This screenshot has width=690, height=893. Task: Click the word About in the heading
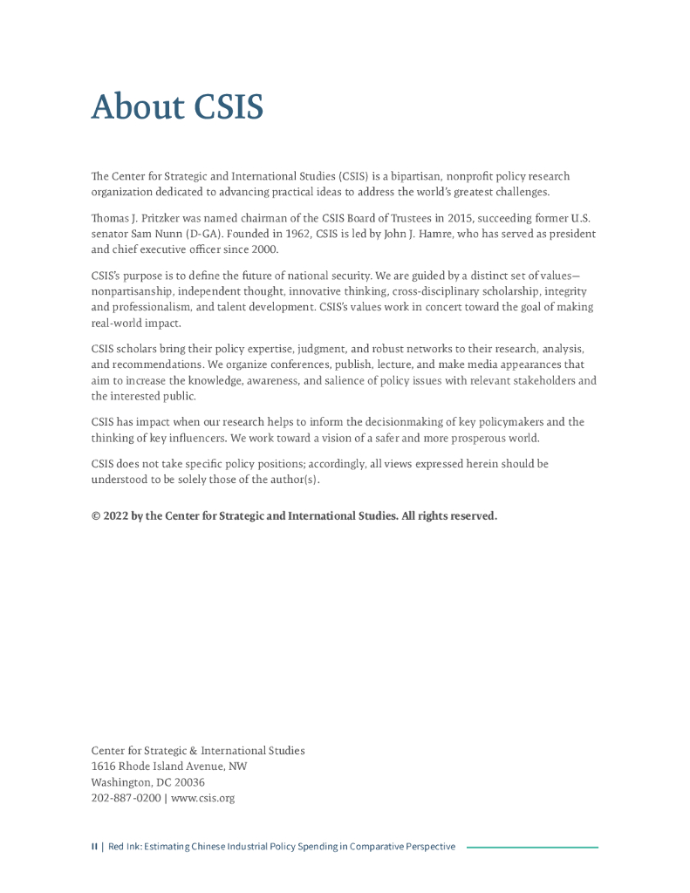[x=138, y=108]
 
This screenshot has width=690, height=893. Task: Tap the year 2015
[x=439, y=218]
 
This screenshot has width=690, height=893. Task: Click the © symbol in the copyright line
[x=96, y=516]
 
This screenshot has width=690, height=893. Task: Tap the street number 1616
[x=104, y=767]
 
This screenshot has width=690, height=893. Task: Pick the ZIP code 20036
[x=189, y=782]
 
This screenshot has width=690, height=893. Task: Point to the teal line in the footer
[x=532, y=847]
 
